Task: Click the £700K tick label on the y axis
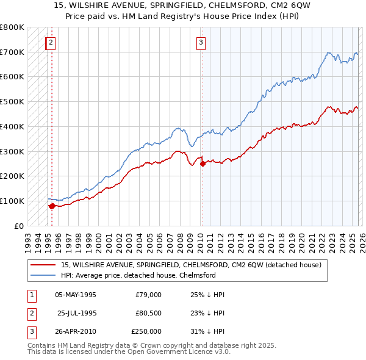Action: tap(12, 52)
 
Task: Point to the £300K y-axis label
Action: tap(12, 151)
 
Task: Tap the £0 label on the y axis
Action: tap(19, 226)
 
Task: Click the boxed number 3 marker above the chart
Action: tap(201, 43)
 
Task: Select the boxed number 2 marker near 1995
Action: tap(51, 43)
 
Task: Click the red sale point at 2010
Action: tap(203, 164)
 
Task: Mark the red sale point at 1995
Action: tap(52, 206)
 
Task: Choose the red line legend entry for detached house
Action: tap(195, 265)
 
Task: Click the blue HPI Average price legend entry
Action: tap(138, 275)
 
